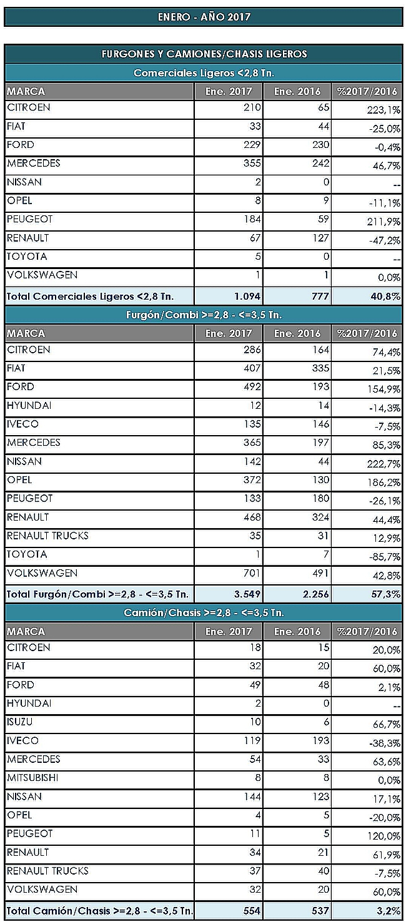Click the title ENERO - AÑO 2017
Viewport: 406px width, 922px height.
coord(204,17)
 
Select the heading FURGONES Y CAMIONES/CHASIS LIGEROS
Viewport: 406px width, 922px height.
coord(204,54)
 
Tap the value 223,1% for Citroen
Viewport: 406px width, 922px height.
coord(384,110)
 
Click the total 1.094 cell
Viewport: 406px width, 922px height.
coord(247,297)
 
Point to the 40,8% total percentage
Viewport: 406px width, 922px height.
coord(385,297)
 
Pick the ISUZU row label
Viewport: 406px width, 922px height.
coord(19,722)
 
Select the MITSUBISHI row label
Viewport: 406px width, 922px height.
coord(32,778)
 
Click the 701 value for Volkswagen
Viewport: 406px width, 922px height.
coord(252,573)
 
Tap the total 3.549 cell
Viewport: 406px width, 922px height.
coord(247,594)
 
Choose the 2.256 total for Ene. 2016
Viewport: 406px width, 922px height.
coord(316,594)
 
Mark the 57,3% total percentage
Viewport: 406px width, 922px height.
coord(386,594)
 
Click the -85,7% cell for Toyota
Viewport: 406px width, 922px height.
coord(385,557)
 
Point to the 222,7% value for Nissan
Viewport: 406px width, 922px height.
coord(384,464)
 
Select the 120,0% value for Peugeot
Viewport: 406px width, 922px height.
coord(387,836)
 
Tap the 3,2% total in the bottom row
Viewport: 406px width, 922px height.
coord(389,911)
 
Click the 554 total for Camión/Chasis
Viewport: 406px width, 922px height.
coord(252,911)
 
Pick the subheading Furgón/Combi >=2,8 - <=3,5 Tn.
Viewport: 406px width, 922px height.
coord(204,315)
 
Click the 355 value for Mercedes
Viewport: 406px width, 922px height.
coord(252,164)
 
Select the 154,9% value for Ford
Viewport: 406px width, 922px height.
coord(384,389)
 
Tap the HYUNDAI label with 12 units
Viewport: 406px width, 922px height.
coord(29,405)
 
